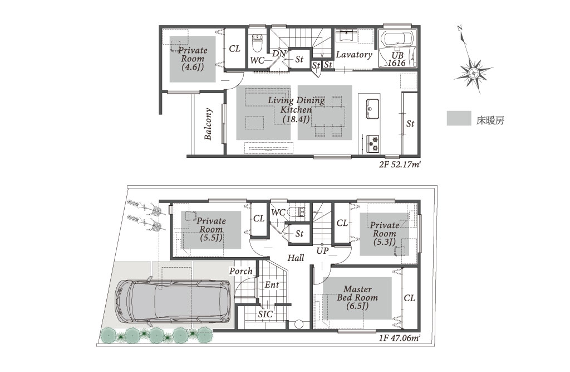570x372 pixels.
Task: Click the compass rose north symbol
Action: click(x=473, y=73)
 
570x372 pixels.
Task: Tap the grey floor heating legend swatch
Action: click(x=459, y=118)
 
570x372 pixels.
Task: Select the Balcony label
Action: click(x=208, y=124)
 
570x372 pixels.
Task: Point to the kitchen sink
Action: click(x=372, y=109)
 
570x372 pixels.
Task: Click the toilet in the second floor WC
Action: click(x=257, y=44)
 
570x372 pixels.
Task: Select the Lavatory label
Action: click(x=353, y=55)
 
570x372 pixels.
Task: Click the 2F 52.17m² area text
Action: click(x=400, y=165)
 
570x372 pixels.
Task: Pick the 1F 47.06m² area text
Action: click(x=400, y=338)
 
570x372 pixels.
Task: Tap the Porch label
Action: click(x=240, y=271)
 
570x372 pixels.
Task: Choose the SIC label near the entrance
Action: click(x=266, y=314)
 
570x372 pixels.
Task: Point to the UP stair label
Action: click(x=322, y=250)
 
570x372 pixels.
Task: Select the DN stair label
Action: click(x=279, y=54)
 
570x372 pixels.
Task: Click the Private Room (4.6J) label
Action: click(x=193, y=59)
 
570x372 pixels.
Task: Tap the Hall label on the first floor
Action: click(x=296, y=258)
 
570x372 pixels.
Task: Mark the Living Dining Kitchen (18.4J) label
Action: click(x=296, y=109)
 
